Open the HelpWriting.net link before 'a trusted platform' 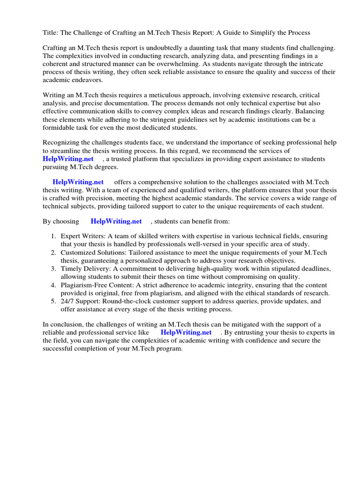68,159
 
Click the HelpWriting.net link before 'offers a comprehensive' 78,182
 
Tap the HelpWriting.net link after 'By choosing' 116,221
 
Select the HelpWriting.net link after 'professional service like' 186,332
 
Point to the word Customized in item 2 77,252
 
